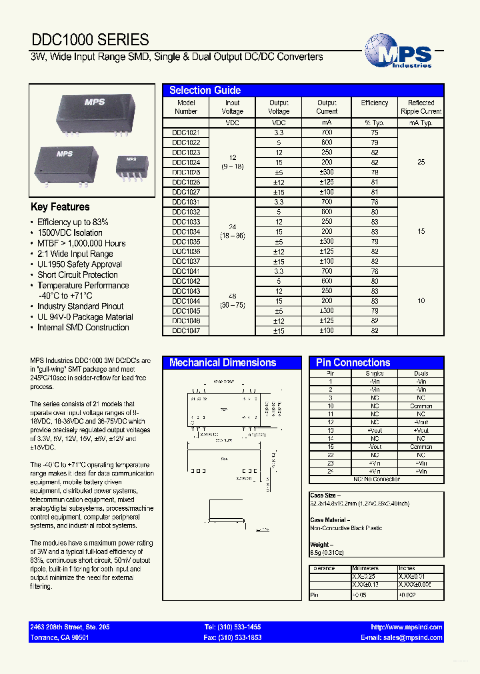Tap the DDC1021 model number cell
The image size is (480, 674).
pyautogui.click(x=186, y=133)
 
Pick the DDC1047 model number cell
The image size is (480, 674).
pyautogui.click(x=186, y=330)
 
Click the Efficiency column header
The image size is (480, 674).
pyautogui.click(x=374, y=103)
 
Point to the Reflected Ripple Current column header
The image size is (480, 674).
pyautogui.click(x=421, y=107)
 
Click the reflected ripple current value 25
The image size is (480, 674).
pyautogui.click(x=421, y=163)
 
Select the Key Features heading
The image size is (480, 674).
pyautogui.click(x=60, y=207)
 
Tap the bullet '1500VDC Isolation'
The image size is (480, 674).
pyautogui.click(x=70, y=232)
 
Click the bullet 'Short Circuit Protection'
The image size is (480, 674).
pyautogui.click(x=77, y=274)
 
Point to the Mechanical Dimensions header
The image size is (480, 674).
pyautogui.click(x=223, y=363)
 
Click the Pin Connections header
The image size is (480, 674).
pyautogui.click(x=353, y=363)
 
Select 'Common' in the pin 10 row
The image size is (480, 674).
pyautogui.click(x=421, y=406)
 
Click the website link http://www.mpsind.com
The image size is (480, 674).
pyautogui.click(x=406, y=627)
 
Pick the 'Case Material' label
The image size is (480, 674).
pyautogui.click(x=329, y=520)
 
